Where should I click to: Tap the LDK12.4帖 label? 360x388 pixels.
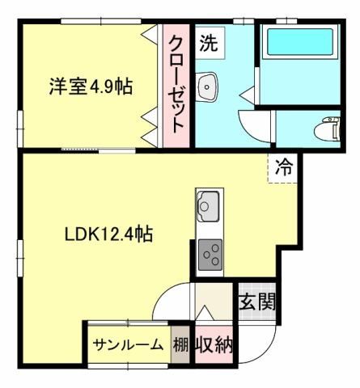point(110,234)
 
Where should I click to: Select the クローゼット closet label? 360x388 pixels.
point(177,84)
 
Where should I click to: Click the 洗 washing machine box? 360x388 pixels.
point(210,43)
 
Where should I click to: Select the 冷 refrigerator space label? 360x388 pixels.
point(283,168)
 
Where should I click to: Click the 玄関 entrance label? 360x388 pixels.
point(256,302)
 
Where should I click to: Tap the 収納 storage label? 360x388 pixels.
point(214,345)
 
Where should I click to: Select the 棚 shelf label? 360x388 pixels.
point(180,345)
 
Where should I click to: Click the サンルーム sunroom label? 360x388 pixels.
point(127,345)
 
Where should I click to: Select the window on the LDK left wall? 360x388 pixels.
point(20,255)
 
